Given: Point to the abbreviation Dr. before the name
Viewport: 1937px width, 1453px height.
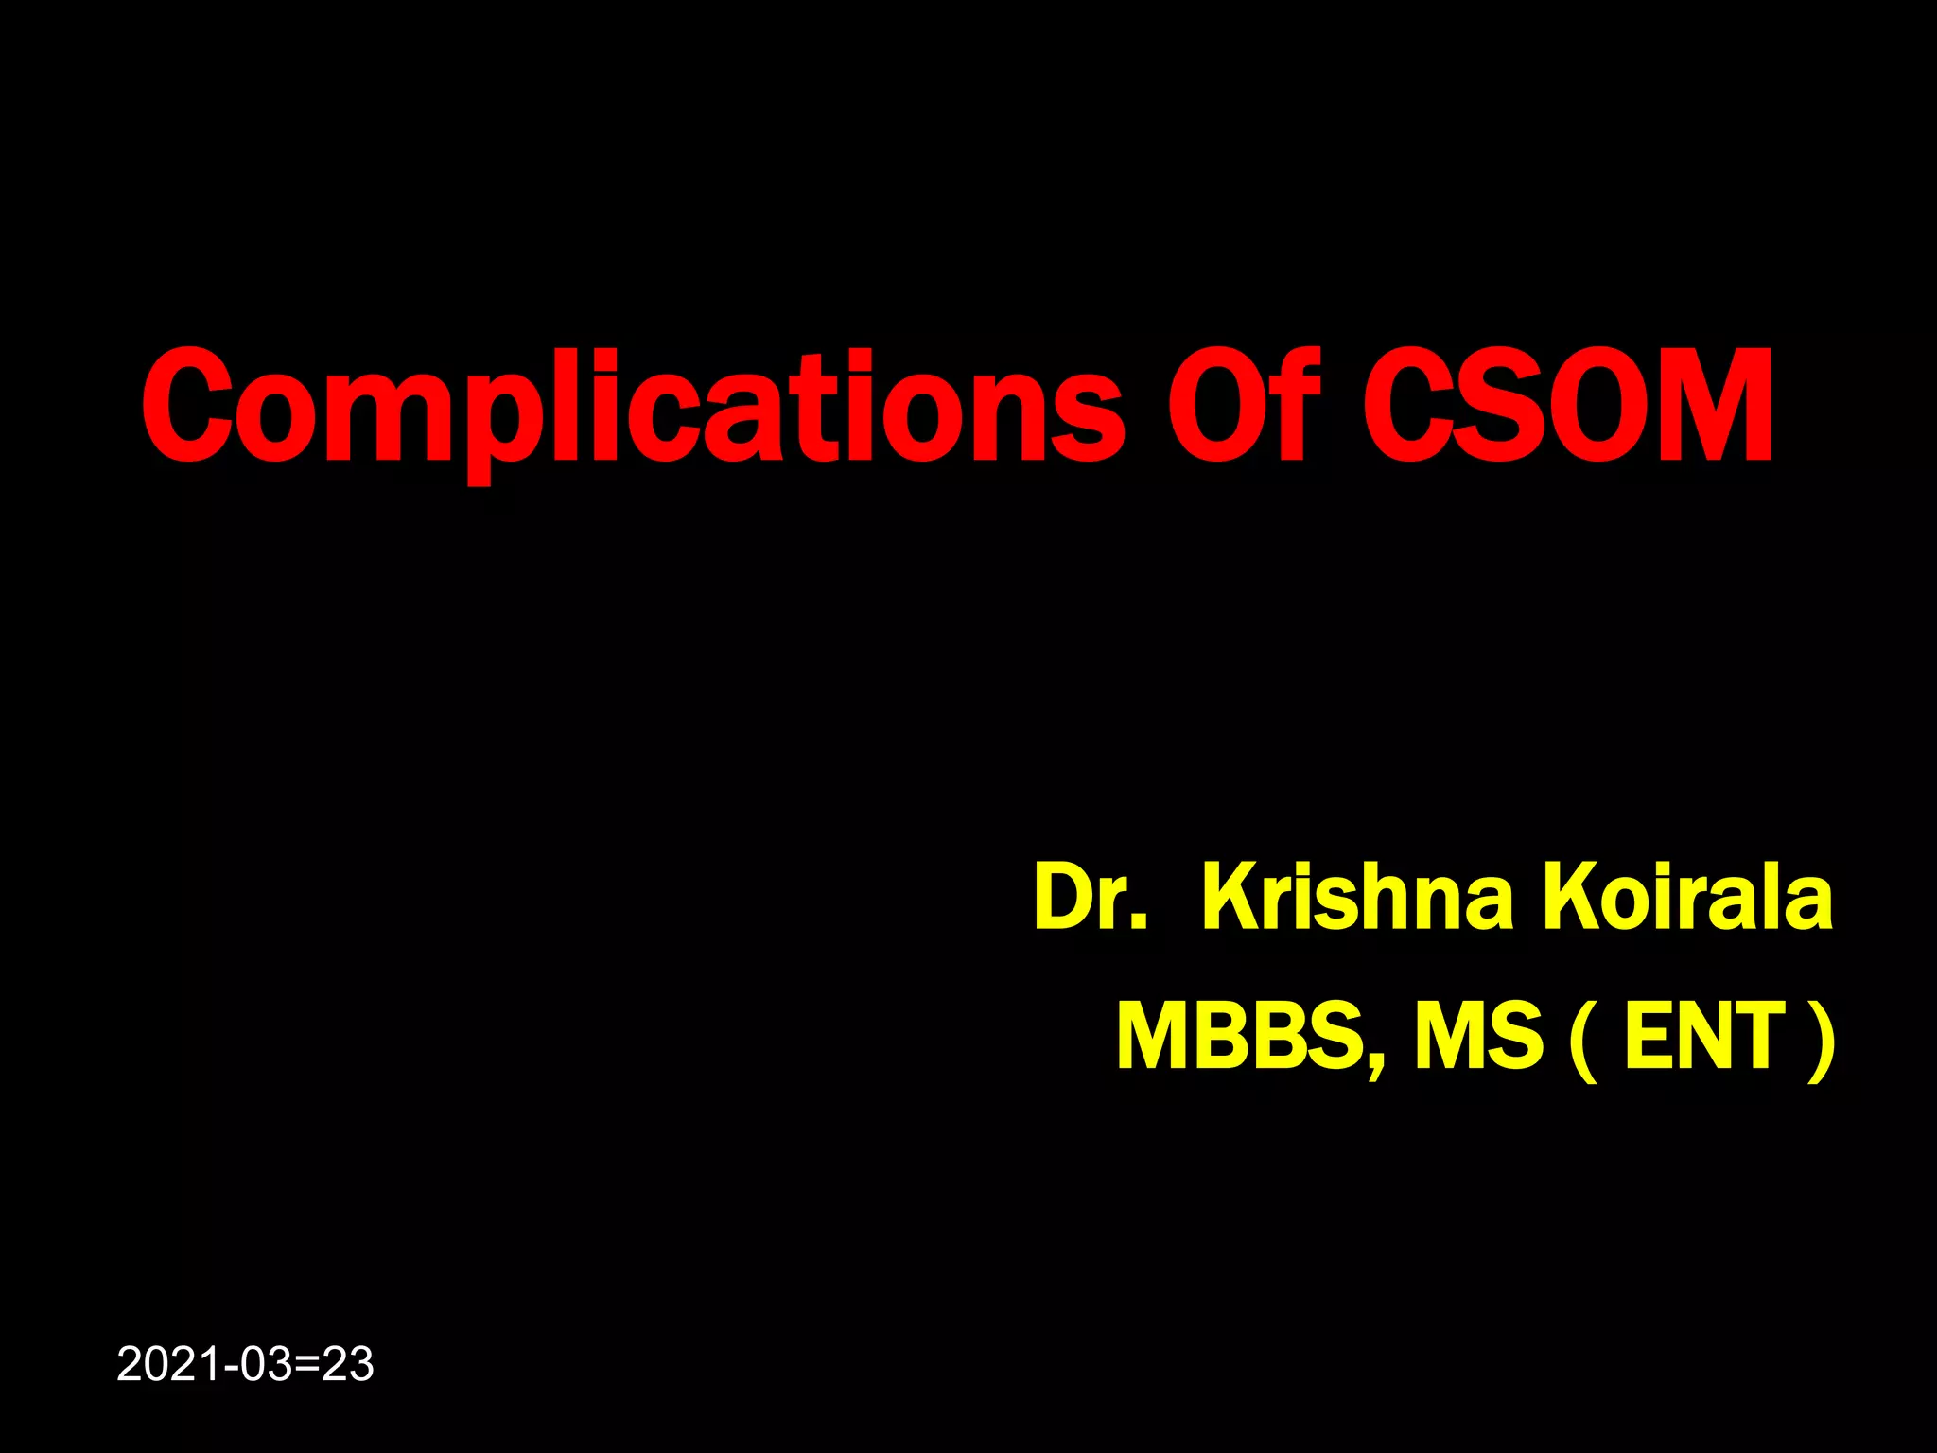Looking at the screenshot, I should [x=1091, y=897].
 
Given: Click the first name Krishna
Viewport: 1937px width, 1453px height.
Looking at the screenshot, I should [x=1358, y=897].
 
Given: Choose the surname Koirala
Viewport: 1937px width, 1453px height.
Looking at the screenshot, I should [x=1688, y=897].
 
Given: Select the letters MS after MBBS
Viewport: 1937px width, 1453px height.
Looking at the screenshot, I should [x=1477, y=1037].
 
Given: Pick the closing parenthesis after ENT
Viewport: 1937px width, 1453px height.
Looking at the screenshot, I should [x=1821, y=1041].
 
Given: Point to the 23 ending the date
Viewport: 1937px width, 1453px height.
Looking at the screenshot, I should [x=348, y=1365].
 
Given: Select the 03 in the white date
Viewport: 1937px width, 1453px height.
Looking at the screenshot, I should [x=265, y=1365].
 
